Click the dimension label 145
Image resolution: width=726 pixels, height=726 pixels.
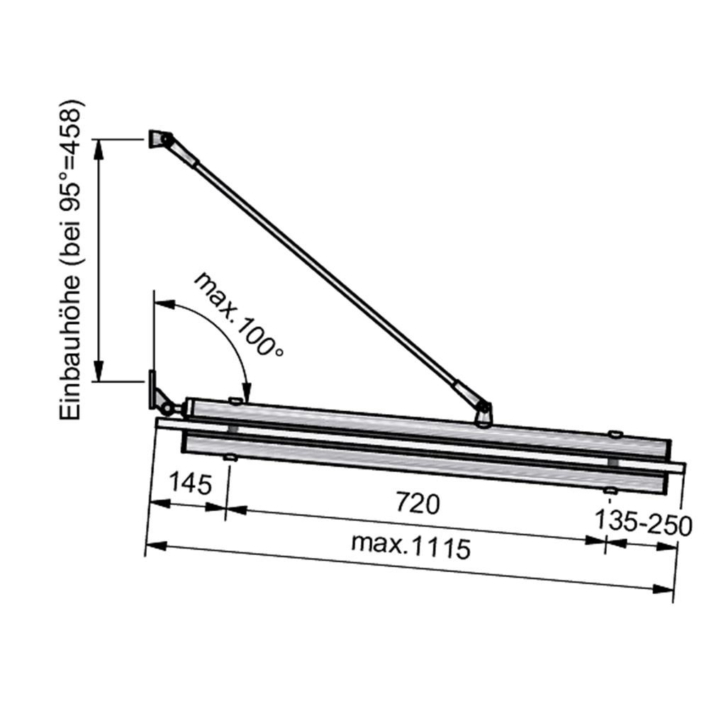(191, 483)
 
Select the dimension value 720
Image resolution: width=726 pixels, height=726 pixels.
(418, 503)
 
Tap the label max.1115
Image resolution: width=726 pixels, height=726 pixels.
(411, 547)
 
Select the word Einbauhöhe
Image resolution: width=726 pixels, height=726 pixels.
(70, 348)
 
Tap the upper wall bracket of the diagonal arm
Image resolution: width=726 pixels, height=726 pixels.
(160, 138)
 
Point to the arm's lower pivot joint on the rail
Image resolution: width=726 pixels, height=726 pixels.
(483, 413)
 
